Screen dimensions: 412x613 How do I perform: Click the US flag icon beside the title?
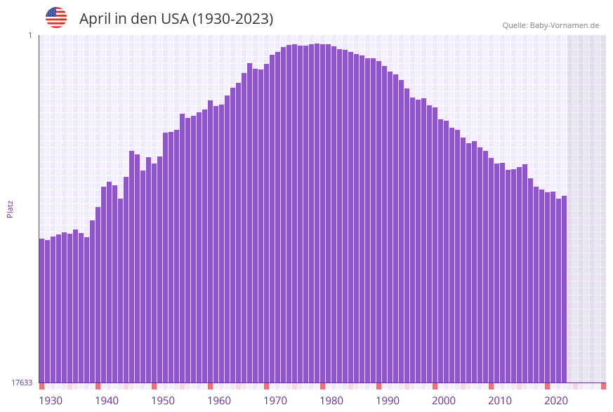(x=56, y=18)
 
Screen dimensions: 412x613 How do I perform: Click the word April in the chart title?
(x=95, y=19)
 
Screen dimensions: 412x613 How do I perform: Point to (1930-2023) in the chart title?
(x=232, y=19)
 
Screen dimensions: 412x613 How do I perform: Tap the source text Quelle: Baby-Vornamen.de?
(x=551, y=25)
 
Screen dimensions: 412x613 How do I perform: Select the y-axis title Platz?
(x=10, y=208)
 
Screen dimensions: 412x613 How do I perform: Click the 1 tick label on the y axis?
(x=30, y=35)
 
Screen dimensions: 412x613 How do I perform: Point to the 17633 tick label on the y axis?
(x=22, y=383)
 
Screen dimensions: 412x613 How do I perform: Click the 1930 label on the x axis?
(x=50, y=401)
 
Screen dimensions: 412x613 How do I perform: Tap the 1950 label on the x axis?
(x=163, y=401)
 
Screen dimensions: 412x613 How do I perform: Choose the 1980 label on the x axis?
(x=331, y=401)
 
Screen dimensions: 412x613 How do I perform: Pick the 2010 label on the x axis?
(x=500, y=401)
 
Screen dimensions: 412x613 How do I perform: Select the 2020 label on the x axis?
(x=556, y=401)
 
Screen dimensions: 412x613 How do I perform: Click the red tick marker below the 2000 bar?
(x=435, y=386)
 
